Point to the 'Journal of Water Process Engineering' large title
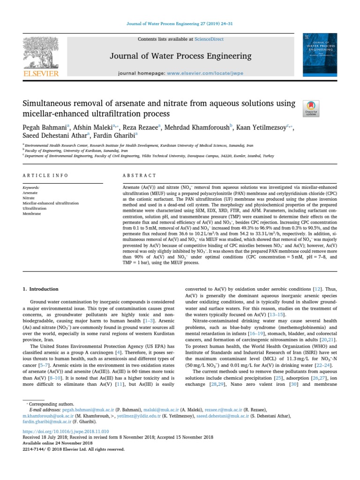click(x=180, y=56)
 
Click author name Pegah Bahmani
click(x=45, y=127)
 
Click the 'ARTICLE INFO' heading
click(x=45, y=175)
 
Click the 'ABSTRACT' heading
click(x=139, y=175)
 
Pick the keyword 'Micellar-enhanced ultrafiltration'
click(x=51, y=203)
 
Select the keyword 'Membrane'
click(x=32, y=213)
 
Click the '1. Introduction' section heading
click(x=41, y=289)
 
